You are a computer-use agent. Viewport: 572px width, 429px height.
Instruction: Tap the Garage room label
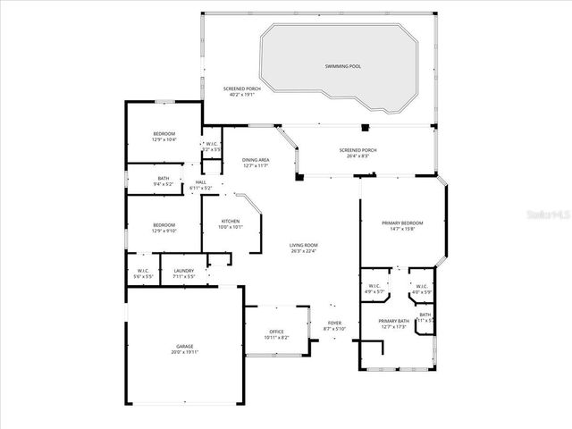(x=185, y=346)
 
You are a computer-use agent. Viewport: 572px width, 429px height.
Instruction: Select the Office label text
(x=276, y=333)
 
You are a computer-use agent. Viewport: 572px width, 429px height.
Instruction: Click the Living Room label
(x=304, y=246)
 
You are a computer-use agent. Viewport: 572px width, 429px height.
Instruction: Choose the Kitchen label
(x=231, y=222)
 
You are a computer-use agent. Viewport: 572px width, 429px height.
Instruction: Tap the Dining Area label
(x=256, y=160)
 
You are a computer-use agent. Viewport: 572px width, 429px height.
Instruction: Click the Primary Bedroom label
(x=401, y=223)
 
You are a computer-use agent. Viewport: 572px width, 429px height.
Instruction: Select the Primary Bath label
(x=393, y=322)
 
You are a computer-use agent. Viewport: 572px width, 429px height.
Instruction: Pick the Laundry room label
(x=183, y=271)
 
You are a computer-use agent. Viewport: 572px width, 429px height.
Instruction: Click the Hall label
(x=200, y=182)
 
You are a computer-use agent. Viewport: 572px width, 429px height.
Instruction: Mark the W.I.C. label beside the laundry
(x=143, y=271)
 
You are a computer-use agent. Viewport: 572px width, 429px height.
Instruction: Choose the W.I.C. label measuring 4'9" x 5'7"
(x=374, y=287)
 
